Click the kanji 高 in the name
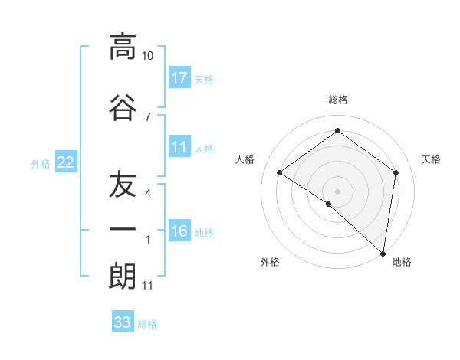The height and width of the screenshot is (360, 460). pos(123,47)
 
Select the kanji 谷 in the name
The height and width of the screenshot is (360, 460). pos(123,107)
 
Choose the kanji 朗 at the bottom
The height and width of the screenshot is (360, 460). pos(123,276)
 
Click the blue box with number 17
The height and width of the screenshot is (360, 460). pos(179,77)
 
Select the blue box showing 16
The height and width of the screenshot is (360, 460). pos(179,231)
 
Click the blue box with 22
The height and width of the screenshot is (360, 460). pos(65,162)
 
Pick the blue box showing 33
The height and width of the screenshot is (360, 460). pos(123,322)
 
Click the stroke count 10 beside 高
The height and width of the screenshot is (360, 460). pos(148,56)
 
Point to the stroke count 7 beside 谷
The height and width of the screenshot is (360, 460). pos(148,116)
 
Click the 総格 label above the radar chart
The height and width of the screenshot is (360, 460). pos(337,100)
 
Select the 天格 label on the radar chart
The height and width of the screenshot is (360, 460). pos(431,159)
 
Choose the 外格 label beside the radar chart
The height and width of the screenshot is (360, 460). pos(270,262)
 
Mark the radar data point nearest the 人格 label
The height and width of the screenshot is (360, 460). pos(280,173)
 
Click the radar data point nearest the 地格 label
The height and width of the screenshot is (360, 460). pos(383,253)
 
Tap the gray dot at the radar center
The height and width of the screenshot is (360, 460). pos(337,191)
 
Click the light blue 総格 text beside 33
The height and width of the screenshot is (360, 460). pos(147,324)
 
